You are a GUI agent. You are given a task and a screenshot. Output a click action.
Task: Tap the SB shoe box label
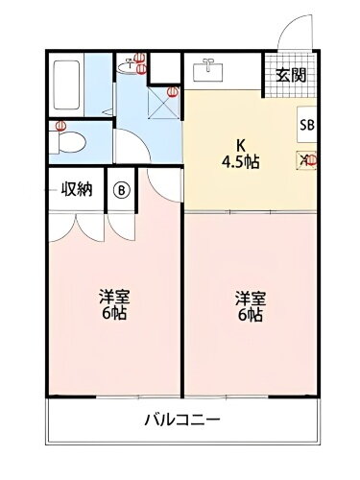click(306, 125)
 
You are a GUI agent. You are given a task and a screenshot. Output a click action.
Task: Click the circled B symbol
click(122, 189)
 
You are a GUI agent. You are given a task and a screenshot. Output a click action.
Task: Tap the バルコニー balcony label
click(181, 420)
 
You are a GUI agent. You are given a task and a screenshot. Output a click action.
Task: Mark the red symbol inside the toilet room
click(60, 127)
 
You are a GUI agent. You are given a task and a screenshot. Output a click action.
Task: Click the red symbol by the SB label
click(311, 159)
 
